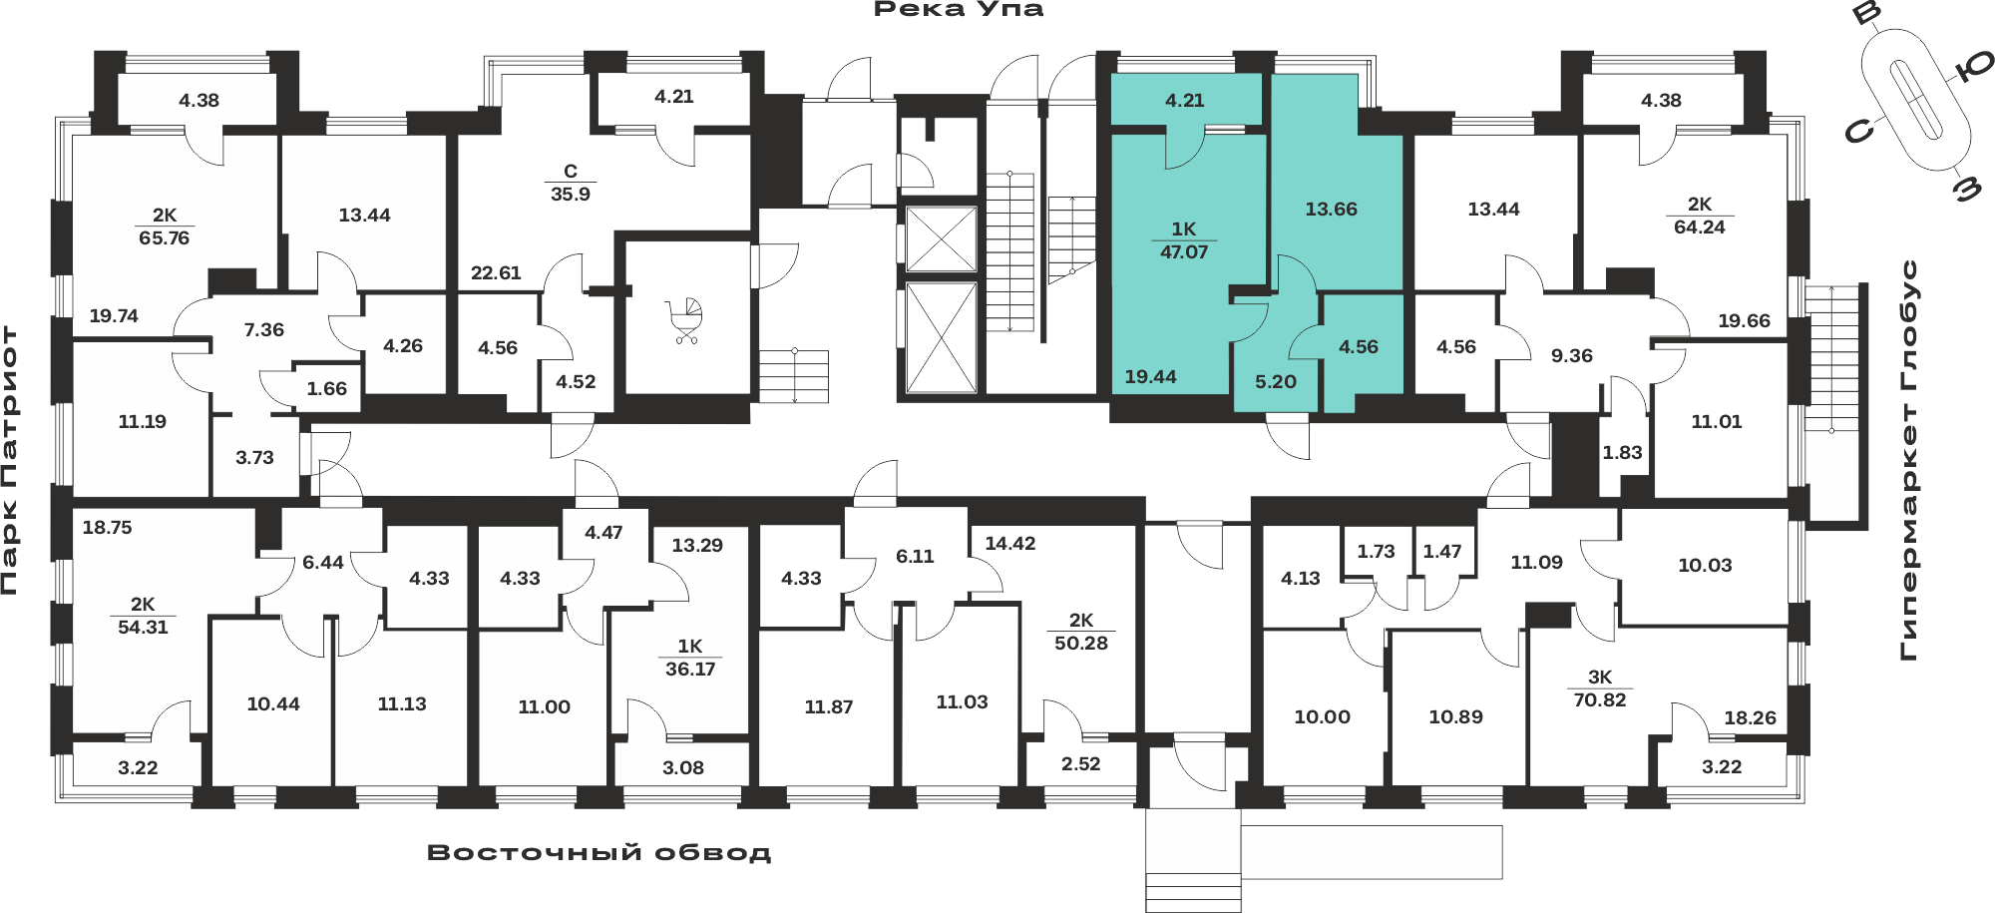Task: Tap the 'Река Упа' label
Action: coord(959,10)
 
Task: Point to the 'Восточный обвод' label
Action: coord(598,853)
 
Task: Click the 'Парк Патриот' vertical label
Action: coord(10,460)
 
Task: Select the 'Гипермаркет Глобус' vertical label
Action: coord(1909,460)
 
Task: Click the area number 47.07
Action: coord(1184,252)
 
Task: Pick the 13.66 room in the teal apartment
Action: coord(1332,210)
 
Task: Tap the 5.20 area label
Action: coord(1276,382)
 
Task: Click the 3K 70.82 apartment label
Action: coord(1600,688)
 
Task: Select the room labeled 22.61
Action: coord(496,273)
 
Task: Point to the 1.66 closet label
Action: coord(327,389)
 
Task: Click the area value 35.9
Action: coord(571,195)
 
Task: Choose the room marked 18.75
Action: coord(107,528)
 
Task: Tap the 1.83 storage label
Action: coord(1622,453)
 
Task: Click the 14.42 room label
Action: coord(1010,544)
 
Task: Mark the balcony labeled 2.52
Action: coord(1081,764)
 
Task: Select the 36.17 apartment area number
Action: coord(690,670)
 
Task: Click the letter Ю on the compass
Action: coord(1972,67)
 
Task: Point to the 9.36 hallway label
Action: coord(1572,356)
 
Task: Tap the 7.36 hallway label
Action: coord(264,330)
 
